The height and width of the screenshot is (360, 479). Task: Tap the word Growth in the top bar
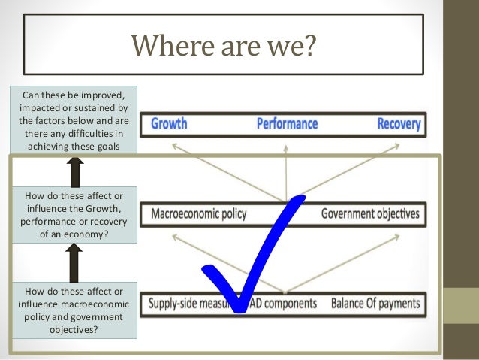point(169,123)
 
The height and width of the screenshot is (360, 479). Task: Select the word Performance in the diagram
point(287,123)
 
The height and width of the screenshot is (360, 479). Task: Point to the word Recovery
point(399,123)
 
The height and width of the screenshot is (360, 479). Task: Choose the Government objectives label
point(370,214)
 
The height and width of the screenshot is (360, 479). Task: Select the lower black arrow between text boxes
point(74,261)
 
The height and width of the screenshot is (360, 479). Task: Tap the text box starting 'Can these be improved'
point(74,119)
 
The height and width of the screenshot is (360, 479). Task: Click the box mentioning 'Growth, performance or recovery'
point(74,214)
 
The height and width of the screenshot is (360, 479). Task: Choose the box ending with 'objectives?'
point(74,309)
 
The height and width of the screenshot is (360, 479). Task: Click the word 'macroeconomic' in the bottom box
point(94,303)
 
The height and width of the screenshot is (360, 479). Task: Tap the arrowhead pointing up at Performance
point(285,150)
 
